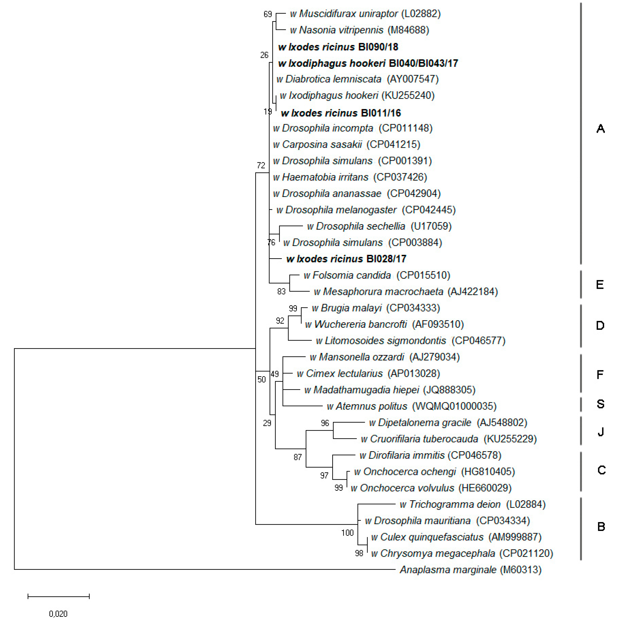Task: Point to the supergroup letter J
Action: click(x=600, y=431)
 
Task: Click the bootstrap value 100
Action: click(x=347, y=533)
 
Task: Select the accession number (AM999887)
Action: click(x=515, y=537)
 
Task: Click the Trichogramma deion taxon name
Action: click(x=455, y=504)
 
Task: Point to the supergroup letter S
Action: click(x=600, y=404)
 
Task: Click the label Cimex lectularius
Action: click(x=344, y=373)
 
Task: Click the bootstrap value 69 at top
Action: click(x=268, y=14)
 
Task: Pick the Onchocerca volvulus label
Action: click(x=407, y=488)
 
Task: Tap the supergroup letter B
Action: click(x=601, y=527)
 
